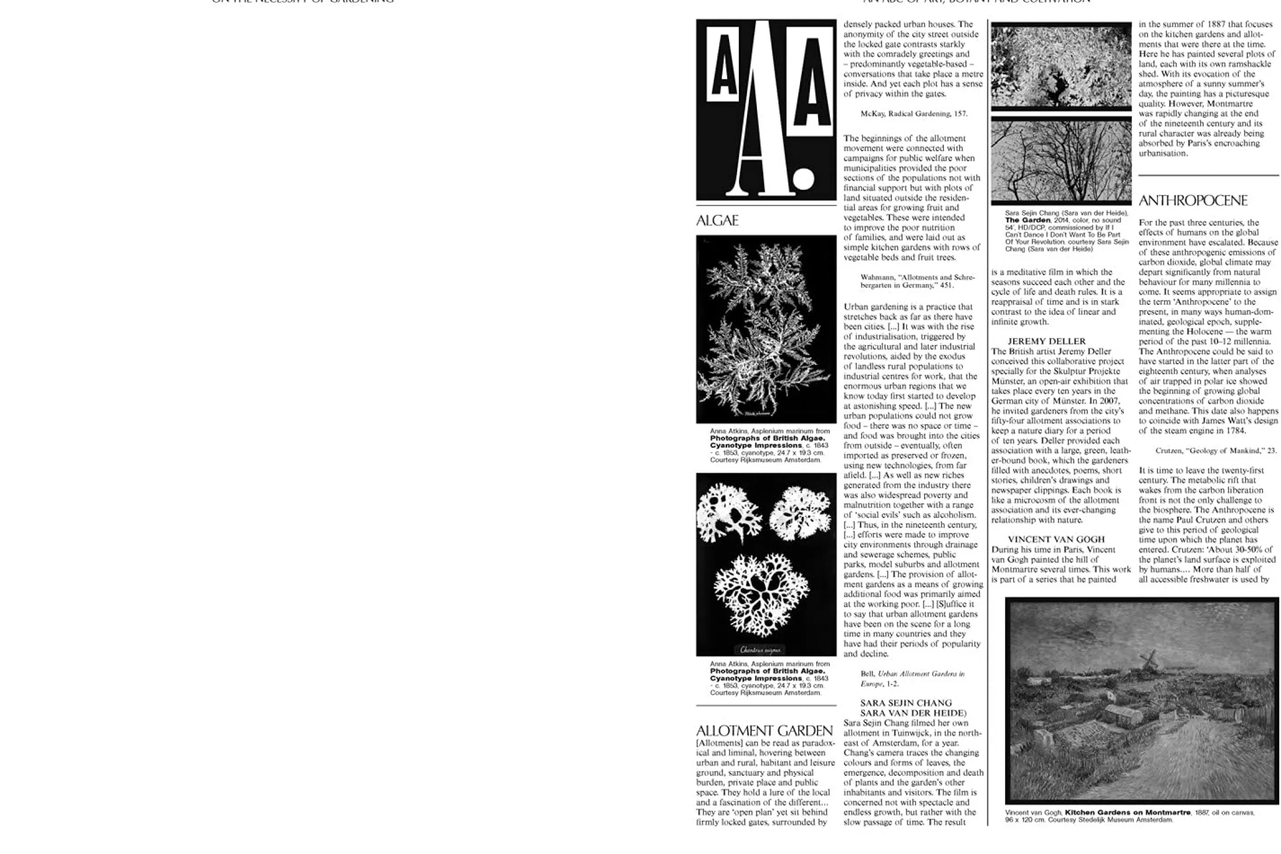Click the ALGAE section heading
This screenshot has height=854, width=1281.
(717, 221)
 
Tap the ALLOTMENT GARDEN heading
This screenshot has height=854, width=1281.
(764, 731)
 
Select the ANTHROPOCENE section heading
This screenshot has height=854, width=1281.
(1192, 201)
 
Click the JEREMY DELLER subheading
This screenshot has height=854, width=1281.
(1046, 341)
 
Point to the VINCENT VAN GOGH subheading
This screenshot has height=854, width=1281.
(1056, 539)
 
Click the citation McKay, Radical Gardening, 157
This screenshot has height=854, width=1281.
(914, 114)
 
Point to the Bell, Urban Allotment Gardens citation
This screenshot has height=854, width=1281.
(912, 679)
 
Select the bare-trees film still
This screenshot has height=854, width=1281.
(1061, 160)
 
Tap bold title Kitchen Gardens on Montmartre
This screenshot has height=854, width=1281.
(1127, 813)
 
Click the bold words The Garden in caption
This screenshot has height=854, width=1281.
(1028, 220)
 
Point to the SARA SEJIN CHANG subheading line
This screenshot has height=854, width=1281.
(906, 703)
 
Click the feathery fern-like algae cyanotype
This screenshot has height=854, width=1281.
(766, 329)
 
